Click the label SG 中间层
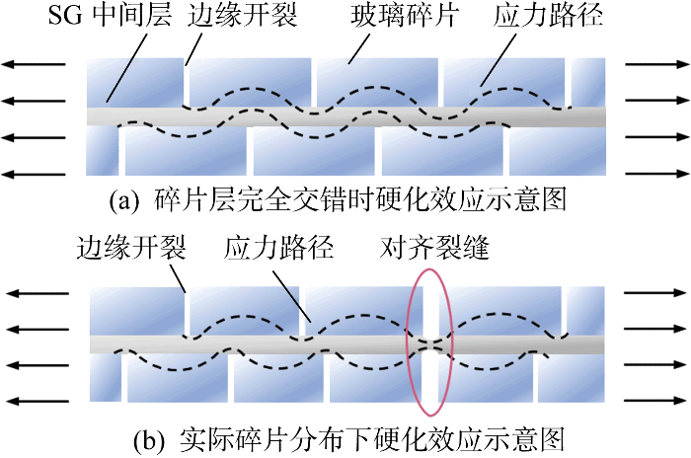pos(110,17)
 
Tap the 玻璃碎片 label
pos(405,17)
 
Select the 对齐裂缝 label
pos(434,248)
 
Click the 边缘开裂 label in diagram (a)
pos(243,17)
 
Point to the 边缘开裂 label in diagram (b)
pos(131,248)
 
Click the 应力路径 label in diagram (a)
pos(547,17)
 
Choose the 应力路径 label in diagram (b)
pos(278,248)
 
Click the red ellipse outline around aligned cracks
pos(407,342)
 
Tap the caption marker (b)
pos(150,441)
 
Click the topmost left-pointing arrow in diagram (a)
pos(34,64)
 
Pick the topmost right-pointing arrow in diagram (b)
pos(655,293)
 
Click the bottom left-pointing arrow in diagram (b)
pos(38,401)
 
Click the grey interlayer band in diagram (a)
pos(345,116)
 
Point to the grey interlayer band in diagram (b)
pos(347,344)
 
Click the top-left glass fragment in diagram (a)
pos(135,83)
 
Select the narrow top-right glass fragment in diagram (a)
pos(588,83)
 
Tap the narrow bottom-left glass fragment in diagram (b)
pos(106,378)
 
